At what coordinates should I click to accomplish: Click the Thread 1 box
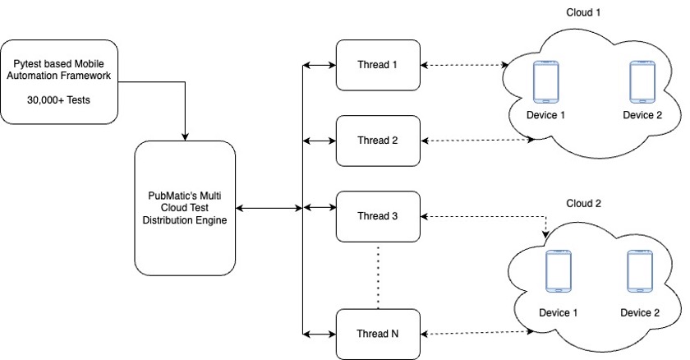coord(378,64)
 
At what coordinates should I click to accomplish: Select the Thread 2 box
coord(378,141)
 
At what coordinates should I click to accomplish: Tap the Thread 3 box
coord(378,216)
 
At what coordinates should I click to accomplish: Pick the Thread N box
coord(378,333)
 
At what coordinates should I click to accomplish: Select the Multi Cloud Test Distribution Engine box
coord(185,208)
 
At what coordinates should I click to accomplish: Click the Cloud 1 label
coord(584,12)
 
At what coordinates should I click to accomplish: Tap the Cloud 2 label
coord(584,202)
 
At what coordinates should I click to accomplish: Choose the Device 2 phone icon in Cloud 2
coord(639,273)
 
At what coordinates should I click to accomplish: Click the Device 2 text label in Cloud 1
coord(642,114)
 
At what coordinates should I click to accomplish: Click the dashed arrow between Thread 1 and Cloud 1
coord(464,64)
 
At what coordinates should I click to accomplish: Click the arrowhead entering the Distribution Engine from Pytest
coord(186,135)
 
